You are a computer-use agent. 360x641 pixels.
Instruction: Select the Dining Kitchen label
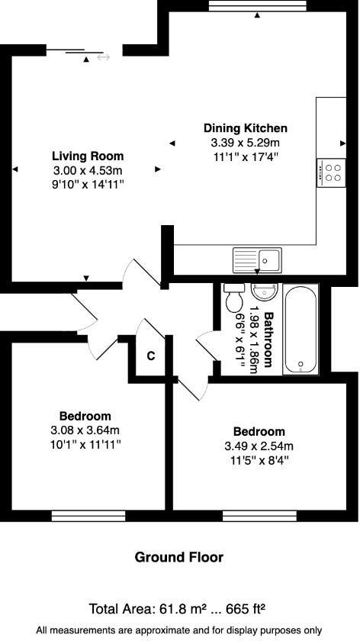click(x=245, y=128)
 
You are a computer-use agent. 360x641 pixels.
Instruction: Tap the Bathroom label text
click(x=268, y=340)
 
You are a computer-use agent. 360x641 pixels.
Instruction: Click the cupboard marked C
click(x=151, y=356)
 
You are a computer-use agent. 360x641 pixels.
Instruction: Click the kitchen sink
click(x=258, y=260)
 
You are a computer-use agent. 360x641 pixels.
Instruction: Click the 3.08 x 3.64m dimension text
click(x=85, y=430)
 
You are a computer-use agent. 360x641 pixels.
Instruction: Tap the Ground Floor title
click(x=179, y=558)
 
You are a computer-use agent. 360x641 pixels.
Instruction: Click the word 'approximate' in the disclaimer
click(x=154, y=630)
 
